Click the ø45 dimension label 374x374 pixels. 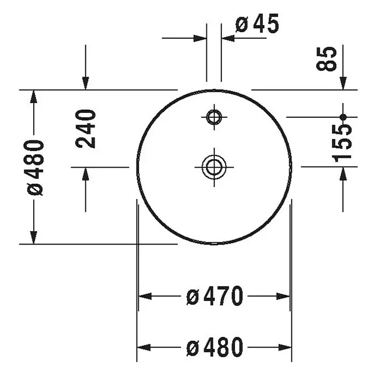257,24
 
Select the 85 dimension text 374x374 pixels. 326,59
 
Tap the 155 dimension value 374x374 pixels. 342,143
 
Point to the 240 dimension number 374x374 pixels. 85,129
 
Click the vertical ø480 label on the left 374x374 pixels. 35,168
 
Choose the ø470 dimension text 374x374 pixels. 214,296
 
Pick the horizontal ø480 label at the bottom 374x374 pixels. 214,347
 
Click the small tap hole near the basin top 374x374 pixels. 214,117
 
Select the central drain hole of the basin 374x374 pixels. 214,167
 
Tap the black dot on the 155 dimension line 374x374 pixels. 343,117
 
